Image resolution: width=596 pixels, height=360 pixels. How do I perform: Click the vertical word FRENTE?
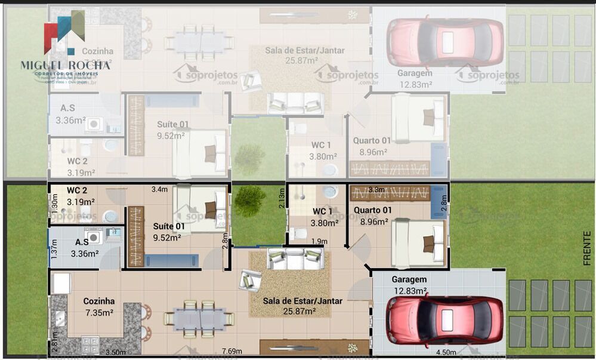click(x=587, y=248)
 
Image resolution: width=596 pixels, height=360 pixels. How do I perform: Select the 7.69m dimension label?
click(x=232, y=351)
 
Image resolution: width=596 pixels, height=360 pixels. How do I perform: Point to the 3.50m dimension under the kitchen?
click(x=116, y=352)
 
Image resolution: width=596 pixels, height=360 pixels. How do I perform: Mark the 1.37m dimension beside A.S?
click(x=54, y=248)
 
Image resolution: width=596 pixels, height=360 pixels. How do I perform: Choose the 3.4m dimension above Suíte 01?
click(x=159, y=190)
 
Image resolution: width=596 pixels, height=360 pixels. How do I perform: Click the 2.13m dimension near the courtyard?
click(x=282, y=198)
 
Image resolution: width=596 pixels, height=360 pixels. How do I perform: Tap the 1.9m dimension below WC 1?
click(x=319, y=241)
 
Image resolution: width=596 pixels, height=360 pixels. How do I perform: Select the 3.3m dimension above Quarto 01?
click(x=376, y=190)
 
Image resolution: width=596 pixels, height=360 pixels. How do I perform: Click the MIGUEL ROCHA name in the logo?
click(x=65, y=64)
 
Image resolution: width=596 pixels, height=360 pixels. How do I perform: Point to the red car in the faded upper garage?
click(x=444, y=42)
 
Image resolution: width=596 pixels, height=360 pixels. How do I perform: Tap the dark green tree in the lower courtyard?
click(x=250, y=201)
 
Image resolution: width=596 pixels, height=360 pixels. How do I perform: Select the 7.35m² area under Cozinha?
click(x=98, y=313)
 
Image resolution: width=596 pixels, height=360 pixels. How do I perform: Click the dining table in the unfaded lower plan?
click(x=199, y=319)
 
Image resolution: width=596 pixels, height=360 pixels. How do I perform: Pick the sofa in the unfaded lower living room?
click(x=295, y=259)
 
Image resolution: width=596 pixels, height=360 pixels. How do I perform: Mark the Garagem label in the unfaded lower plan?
click(x=409, y=279)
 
